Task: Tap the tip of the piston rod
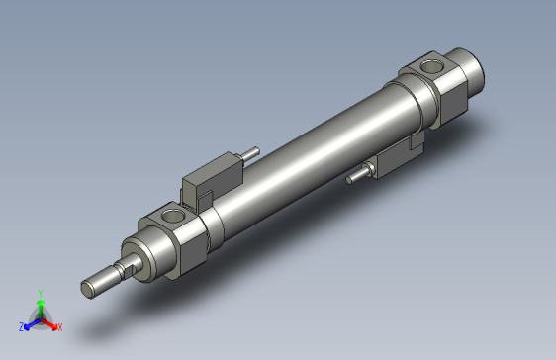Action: (x=88, y=288)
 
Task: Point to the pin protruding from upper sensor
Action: (x=254, y=154)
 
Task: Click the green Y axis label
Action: (x=40, y=292)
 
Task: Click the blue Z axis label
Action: (x=21, y=325)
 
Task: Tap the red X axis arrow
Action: (x=50, y=321)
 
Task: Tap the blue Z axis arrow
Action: (x=30, y=321)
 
